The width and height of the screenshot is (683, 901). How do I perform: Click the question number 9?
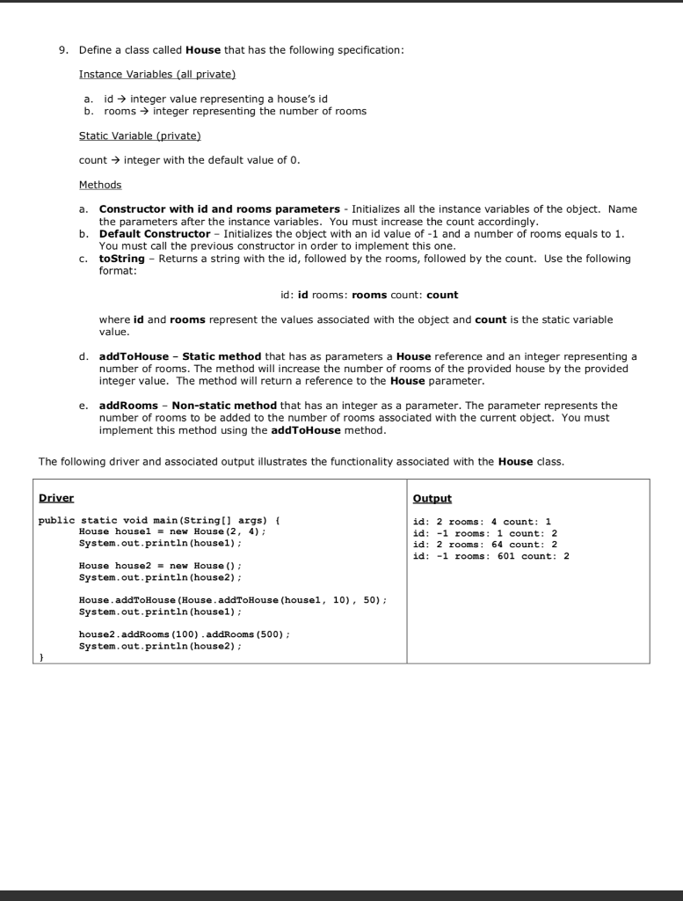pyautogui.click(x=62, y=49)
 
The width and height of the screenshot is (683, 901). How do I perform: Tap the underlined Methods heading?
pyautogui.click(x=100, y=185)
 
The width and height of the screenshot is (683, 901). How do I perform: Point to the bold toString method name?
pyautogui.click(x=120, y=259)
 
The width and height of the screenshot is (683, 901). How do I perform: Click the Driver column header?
pyautogui.click(x=57, y=498)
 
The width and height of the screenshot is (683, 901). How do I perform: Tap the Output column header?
pyautogui.click(x=432, y=498)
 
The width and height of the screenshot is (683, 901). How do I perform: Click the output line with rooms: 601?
pyautogui.click(x=490, y=556)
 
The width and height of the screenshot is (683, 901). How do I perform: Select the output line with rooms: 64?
pyautogui.click(x=487, y=545)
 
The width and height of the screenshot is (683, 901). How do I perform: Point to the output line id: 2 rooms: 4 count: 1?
pyautogui.click(x=482, y=521)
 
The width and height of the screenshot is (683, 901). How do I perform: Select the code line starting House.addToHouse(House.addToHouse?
pyautogui.click(x=232, y=599)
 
